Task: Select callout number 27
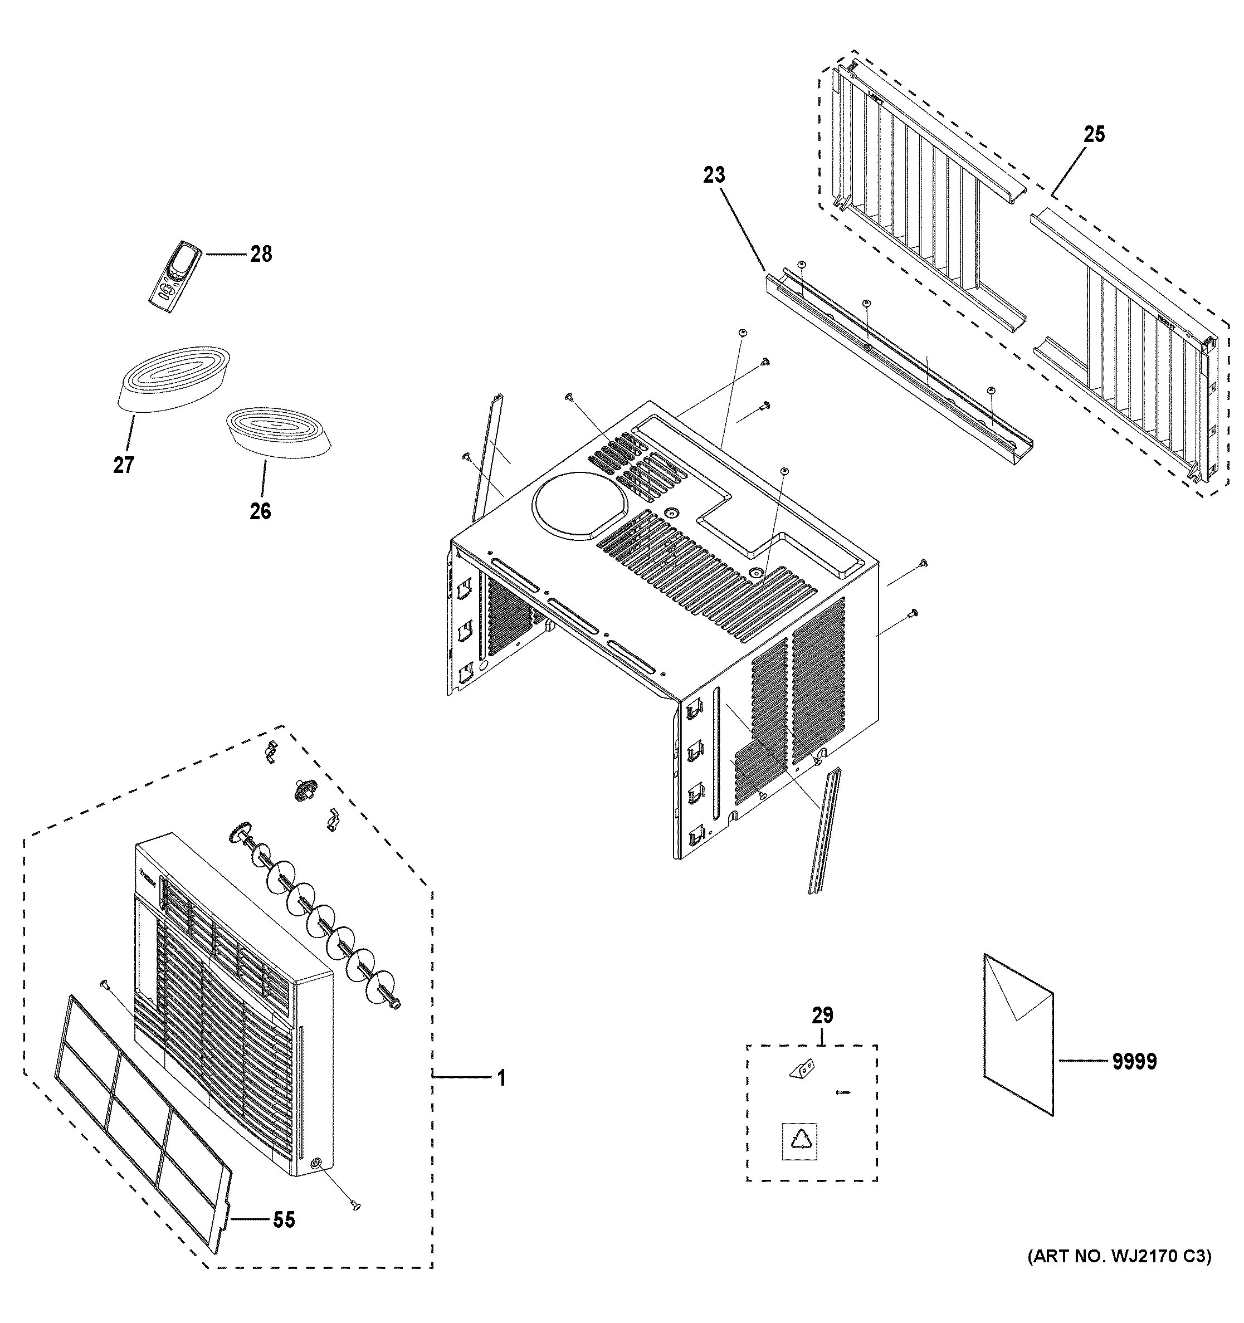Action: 124,465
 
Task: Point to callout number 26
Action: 260,511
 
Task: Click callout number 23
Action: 714,175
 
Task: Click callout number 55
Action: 284,1220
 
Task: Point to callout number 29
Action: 822,1016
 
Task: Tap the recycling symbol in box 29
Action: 799,1142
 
